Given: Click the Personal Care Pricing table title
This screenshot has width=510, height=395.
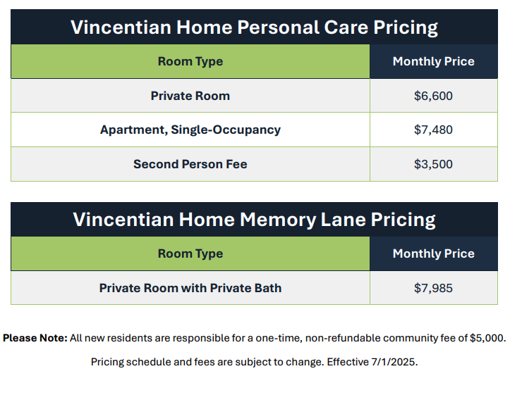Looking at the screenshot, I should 255,27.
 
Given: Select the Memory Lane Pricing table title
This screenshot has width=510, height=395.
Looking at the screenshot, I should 255,220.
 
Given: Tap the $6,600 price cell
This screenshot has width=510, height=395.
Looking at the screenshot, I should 433,96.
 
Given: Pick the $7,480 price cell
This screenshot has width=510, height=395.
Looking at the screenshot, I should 433,130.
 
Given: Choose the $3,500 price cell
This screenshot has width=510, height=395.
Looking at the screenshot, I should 433,164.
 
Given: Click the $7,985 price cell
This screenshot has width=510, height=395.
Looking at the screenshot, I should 433,288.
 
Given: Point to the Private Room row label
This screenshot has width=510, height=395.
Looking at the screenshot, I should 190,96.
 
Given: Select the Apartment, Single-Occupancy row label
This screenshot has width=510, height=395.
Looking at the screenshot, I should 190,130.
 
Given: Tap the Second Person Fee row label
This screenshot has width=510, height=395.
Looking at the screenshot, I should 190,164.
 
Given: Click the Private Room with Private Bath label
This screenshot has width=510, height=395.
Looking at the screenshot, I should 190,288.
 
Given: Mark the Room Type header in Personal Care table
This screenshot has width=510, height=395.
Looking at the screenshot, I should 190,61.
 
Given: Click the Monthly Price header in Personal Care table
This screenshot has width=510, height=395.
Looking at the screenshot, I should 433,61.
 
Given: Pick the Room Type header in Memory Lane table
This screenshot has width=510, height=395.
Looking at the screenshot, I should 190,253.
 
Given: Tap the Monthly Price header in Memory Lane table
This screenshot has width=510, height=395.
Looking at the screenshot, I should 433,253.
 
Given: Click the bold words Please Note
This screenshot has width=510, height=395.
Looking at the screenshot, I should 35,338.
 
